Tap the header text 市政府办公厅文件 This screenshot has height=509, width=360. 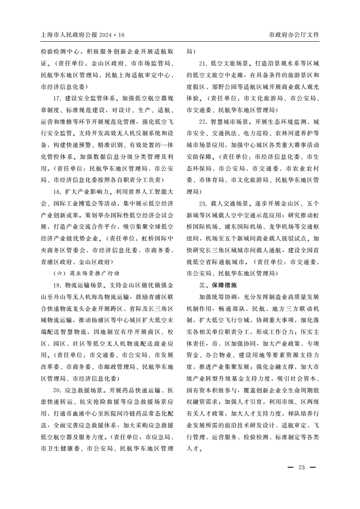[294, 34]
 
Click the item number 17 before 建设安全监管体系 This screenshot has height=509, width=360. [57, 98]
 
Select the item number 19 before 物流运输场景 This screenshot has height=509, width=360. [57, 285]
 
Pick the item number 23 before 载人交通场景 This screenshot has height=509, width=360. [203, 203]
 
